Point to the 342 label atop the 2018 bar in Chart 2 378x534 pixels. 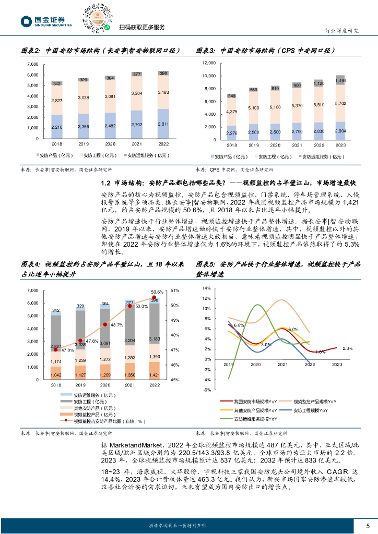point(57,84)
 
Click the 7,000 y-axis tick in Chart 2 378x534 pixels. point(32,64)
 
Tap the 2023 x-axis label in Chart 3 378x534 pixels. point(340,145)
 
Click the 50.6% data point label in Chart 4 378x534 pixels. point(157,292)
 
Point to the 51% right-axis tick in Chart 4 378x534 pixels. point(175,290)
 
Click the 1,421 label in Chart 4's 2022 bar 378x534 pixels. point(154,375)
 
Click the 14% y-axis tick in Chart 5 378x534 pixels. point(206,288)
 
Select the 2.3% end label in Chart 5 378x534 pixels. point(348,348)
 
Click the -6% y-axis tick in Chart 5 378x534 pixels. point(206,390)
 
